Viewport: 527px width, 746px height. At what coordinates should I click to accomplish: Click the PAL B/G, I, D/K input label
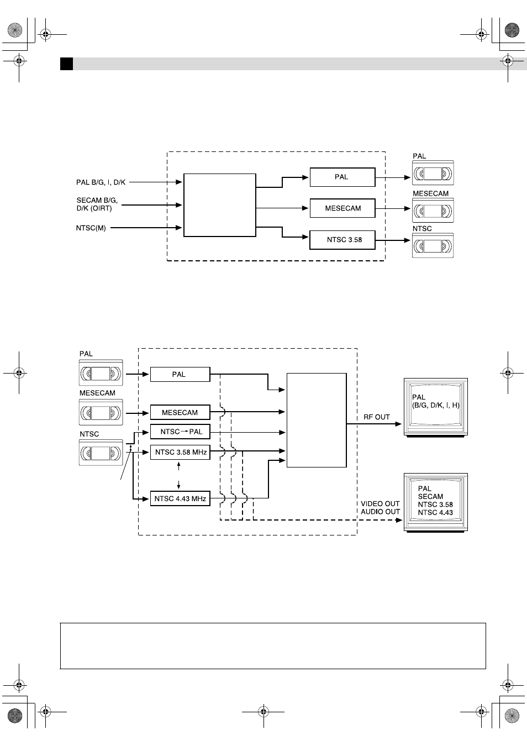101,182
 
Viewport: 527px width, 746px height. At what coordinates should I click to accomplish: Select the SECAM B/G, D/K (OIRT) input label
97,204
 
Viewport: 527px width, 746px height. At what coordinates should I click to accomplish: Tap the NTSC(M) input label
91,228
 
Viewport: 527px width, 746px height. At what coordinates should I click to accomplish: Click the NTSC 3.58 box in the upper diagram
342,240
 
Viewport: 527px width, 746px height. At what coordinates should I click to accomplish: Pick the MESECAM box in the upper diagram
342,208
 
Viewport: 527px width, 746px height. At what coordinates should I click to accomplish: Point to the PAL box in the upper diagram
342,177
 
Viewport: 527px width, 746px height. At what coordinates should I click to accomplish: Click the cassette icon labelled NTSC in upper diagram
433,246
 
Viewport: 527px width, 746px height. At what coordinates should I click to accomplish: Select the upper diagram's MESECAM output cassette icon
433,211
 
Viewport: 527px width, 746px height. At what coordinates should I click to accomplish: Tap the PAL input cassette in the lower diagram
101,373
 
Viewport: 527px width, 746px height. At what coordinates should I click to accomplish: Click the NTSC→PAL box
180,432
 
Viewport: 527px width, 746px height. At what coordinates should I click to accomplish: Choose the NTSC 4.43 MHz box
180,498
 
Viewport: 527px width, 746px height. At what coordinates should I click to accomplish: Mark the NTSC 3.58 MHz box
180,452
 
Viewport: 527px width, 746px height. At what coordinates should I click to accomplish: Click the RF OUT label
377,417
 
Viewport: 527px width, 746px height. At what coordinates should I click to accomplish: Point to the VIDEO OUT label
380,503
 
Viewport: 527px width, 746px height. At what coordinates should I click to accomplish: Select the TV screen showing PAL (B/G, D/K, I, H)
436,407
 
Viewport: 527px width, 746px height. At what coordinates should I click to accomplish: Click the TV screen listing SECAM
436,502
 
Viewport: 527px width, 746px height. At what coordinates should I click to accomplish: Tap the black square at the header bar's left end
67,64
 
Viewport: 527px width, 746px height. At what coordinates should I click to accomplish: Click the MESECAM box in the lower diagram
180,412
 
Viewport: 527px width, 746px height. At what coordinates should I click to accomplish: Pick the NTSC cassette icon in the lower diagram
101,453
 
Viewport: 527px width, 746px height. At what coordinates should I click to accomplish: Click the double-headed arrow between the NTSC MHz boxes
179,475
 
